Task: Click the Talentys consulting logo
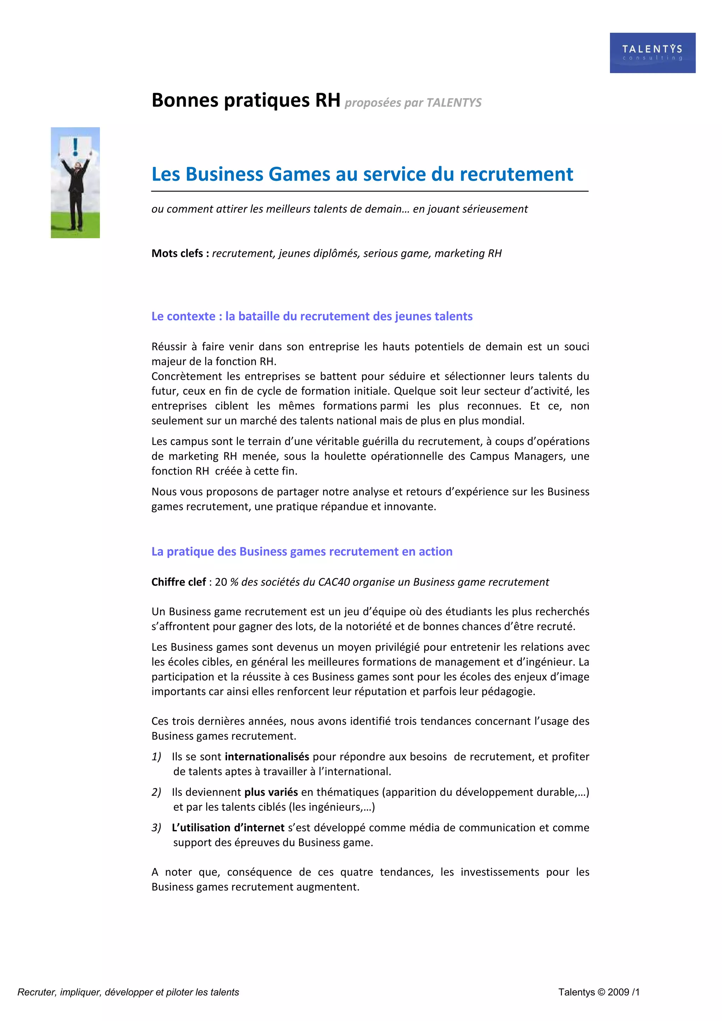point(652,52)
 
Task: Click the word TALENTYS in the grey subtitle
point(454,103)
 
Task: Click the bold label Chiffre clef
point(178,582)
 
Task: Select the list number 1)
point(156,756)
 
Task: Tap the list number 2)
point(156,792)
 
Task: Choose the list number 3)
point(156,828)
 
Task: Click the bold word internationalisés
point(267,756)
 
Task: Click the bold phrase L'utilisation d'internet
point(228,828)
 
